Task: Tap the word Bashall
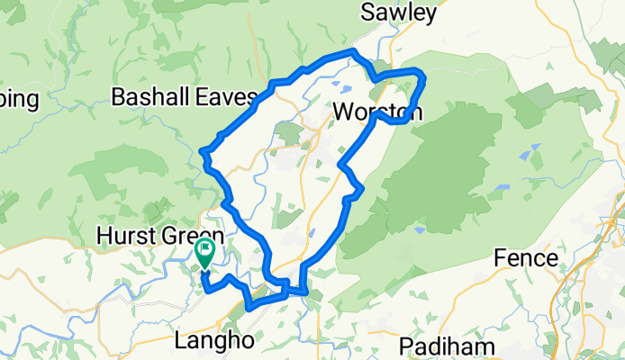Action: [x=148, y=96]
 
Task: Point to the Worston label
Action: [x=376, y=112]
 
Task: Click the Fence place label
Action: [x=526, y=258]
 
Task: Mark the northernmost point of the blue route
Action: [x=353, y=50]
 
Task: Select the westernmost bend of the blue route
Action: [x=202, y=150]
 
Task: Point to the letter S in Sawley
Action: [x=367, y=13]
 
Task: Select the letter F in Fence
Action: [x=501, y=258]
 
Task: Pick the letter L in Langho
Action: [x=177, y=342]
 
